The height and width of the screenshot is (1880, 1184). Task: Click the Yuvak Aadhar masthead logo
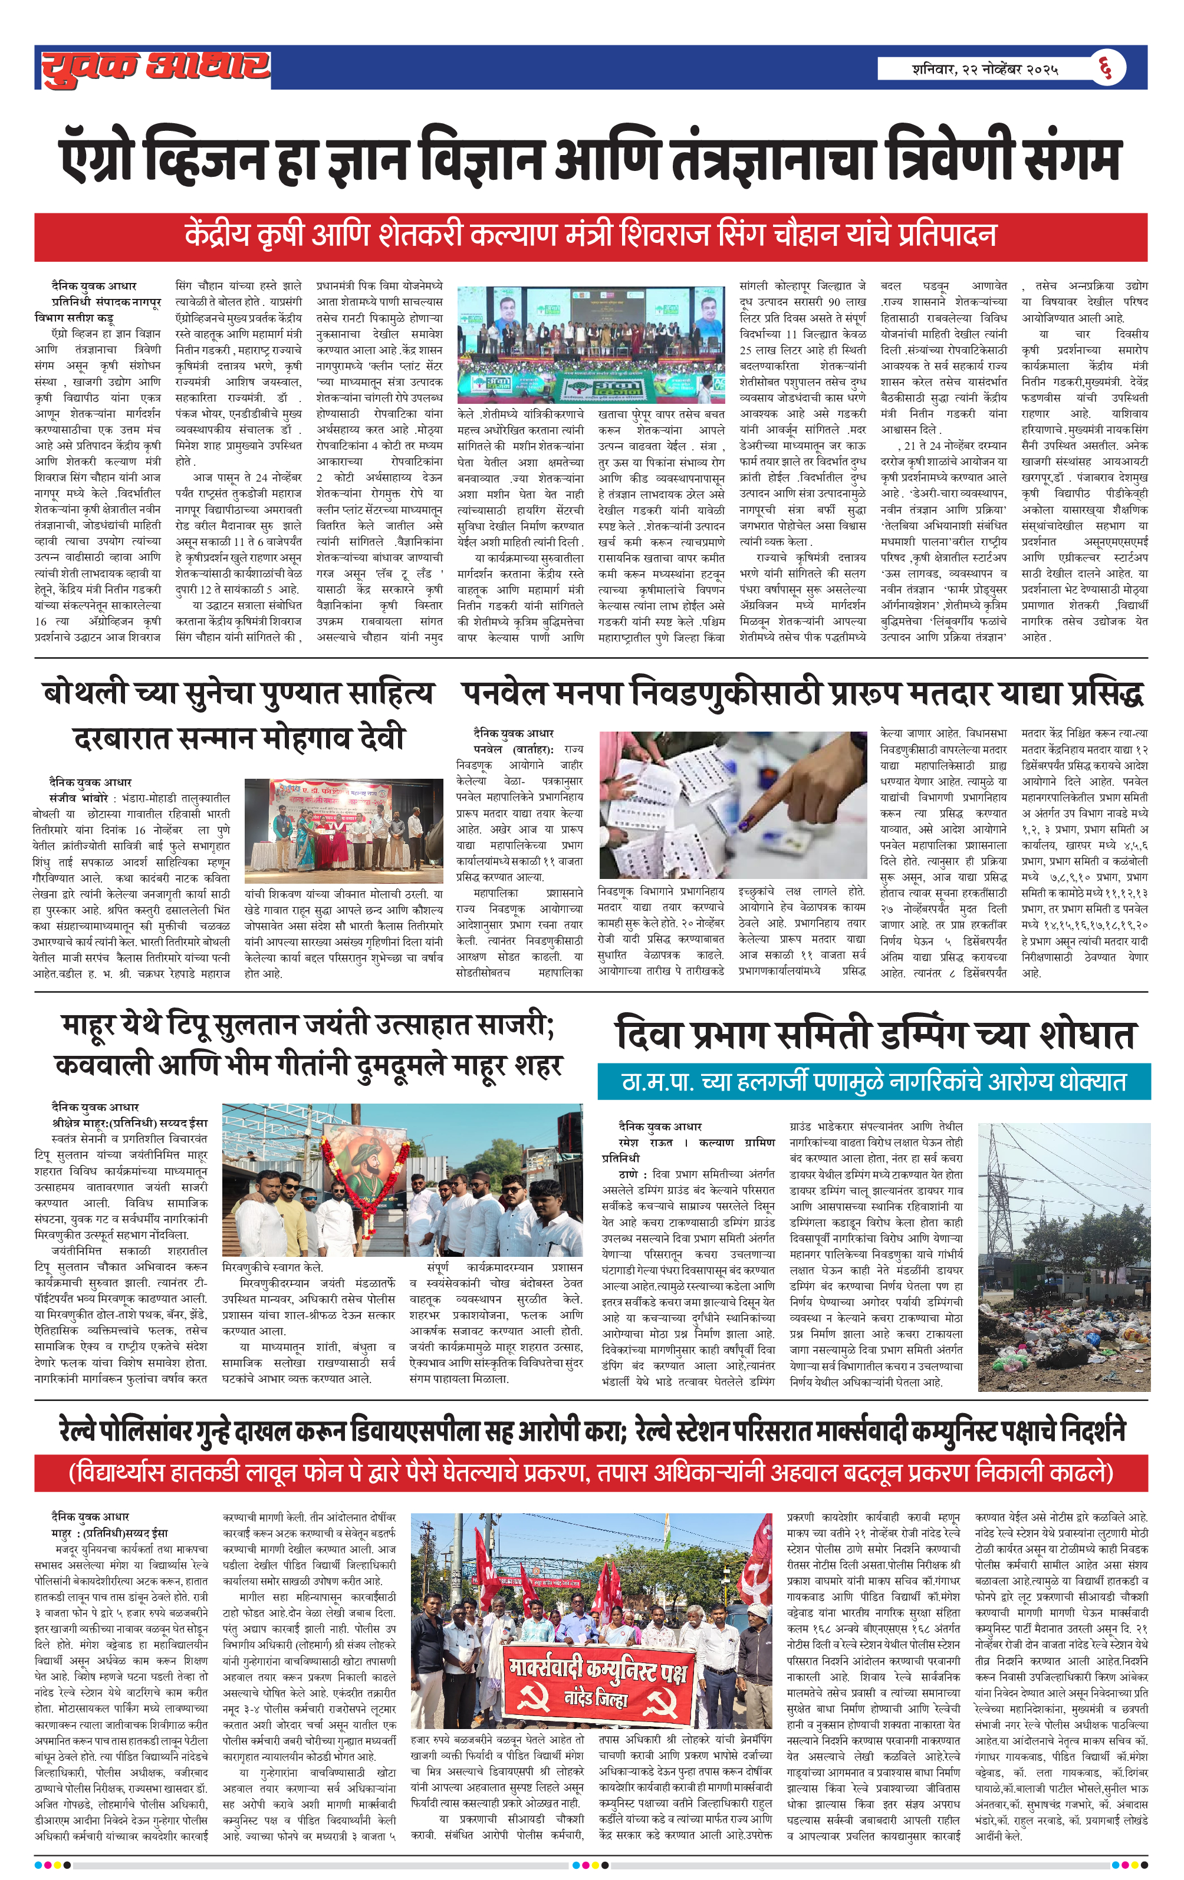pyautogui.click(x=156, y=68)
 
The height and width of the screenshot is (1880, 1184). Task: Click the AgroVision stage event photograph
pyautogui.click(x=590, y=344)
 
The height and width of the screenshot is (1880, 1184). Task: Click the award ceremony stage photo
pyautogui.click(x=344, y=831)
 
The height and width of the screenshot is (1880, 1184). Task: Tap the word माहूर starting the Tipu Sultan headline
pyautogui.click(x=92, y=1025)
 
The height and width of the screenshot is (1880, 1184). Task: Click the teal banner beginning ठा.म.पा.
pyautogui.click(x=873, y=1081)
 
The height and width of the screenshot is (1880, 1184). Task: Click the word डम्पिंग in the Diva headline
pyautogui.click(x=943, y=1035)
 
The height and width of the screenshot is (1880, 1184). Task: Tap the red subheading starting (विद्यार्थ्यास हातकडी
pyautogui.click(x=590, y=1473)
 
